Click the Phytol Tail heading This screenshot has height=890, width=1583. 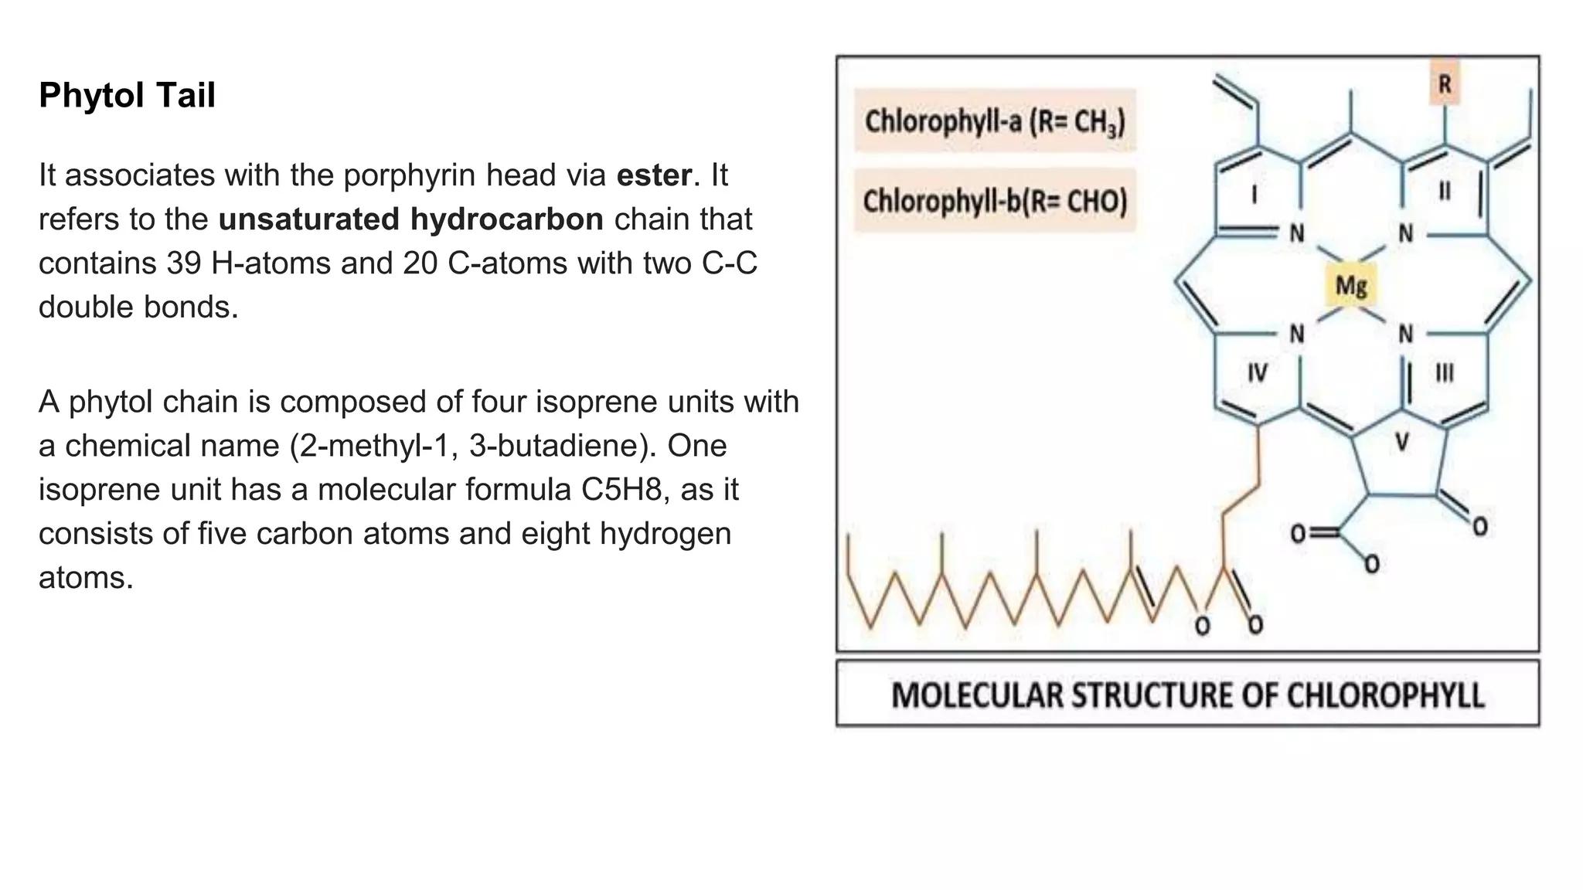pyautogui.click(x=127, y=96)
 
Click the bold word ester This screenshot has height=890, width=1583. pyautogui.click(x=654, y=175)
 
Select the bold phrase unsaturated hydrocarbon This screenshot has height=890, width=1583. pyautogui.click(x=410, y=219)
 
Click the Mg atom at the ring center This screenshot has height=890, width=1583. pyautogui.click(x=1351, y=286)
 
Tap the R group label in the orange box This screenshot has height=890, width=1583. pyautogui.click(x=1445, y=83)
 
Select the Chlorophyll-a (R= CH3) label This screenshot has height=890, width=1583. pyautogui.click(x=995, y=121)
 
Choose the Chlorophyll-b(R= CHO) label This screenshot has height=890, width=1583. pyautogui.click(x=995, y=202)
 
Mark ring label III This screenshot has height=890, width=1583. pyautogui.click(x=1444, y=374)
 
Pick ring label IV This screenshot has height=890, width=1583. pyautogui.click(x=1257, y=374)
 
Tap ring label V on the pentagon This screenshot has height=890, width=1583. pyautogui.click(x=1401, y=443)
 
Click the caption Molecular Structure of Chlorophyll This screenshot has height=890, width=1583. pyautogui.click(x=1187, y=695)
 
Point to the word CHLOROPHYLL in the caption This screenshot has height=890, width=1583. pyautogui.click(x=1385, y=695)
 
